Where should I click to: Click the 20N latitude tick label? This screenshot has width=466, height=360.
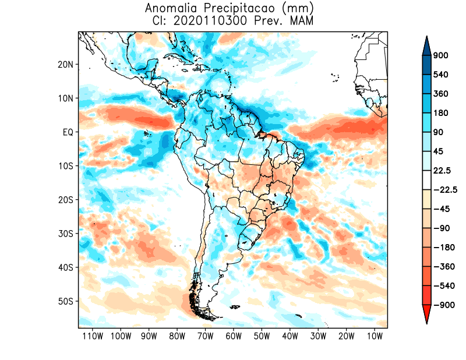(65, 64)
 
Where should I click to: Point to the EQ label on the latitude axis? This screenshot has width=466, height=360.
(67, 132)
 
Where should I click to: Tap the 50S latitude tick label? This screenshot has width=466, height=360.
(65, 302)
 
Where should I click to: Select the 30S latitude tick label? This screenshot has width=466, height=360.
(65, 234)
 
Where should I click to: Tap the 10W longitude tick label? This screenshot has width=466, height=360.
(374, 336)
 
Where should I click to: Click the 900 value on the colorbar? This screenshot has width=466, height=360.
(440, 55)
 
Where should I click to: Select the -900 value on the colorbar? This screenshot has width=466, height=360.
(443, 305)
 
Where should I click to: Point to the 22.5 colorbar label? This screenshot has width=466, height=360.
(442, 171)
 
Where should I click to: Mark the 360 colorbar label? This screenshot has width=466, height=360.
(440, 94)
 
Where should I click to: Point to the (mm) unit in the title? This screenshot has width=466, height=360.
(288, 9)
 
